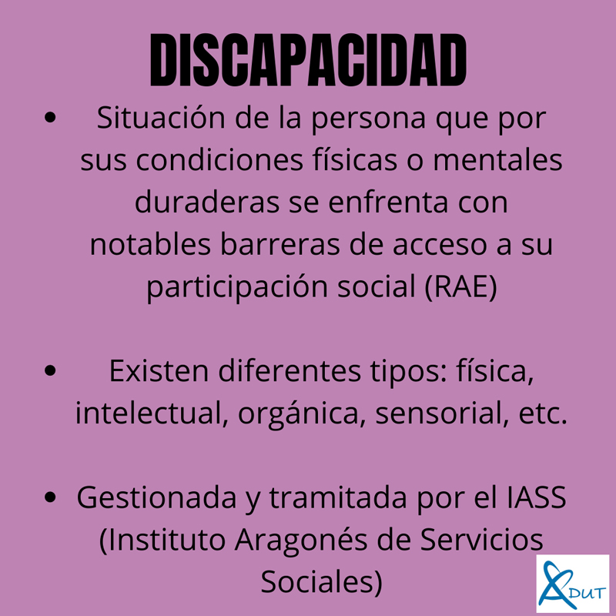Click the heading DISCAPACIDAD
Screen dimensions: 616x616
pos(307,59)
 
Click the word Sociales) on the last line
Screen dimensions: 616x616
pos(321,581)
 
